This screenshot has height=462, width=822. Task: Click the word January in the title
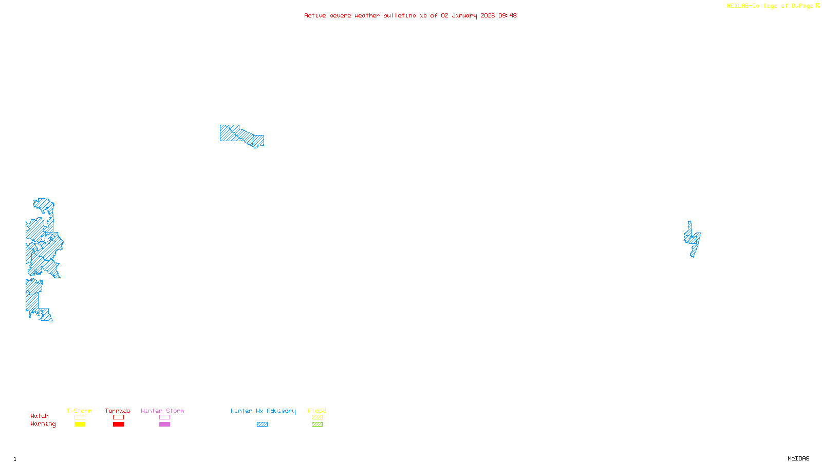click(464, 15)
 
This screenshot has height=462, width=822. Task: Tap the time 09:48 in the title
click(507, 15)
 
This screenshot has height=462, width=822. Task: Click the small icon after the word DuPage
click(817, 6)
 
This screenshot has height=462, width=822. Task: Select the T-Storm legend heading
click(79, 411)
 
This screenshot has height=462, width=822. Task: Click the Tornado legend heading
click(118, 411)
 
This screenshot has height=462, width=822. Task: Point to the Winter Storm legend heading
click(162, 411)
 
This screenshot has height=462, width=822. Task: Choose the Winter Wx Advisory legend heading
click(263, 411)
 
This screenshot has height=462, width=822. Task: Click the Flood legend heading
click(317, 411)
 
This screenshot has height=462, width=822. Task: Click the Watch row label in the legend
click(40, 416)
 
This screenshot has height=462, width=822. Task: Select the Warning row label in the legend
click(43, 424)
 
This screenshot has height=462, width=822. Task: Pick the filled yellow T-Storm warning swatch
click(80, 425)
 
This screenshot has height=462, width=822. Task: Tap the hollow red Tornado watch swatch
click(118, 417)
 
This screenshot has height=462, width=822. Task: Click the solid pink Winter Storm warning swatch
click(164, 425)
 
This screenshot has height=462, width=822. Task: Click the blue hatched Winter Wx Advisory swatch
click(262, 425)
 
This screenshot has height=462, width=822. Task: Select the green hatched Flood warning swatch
click(317, 425)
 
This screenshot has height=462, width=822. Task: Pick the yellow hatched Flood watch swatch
click(317, 417)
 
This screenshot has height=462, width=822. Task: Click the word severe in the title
click(340, 15)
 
